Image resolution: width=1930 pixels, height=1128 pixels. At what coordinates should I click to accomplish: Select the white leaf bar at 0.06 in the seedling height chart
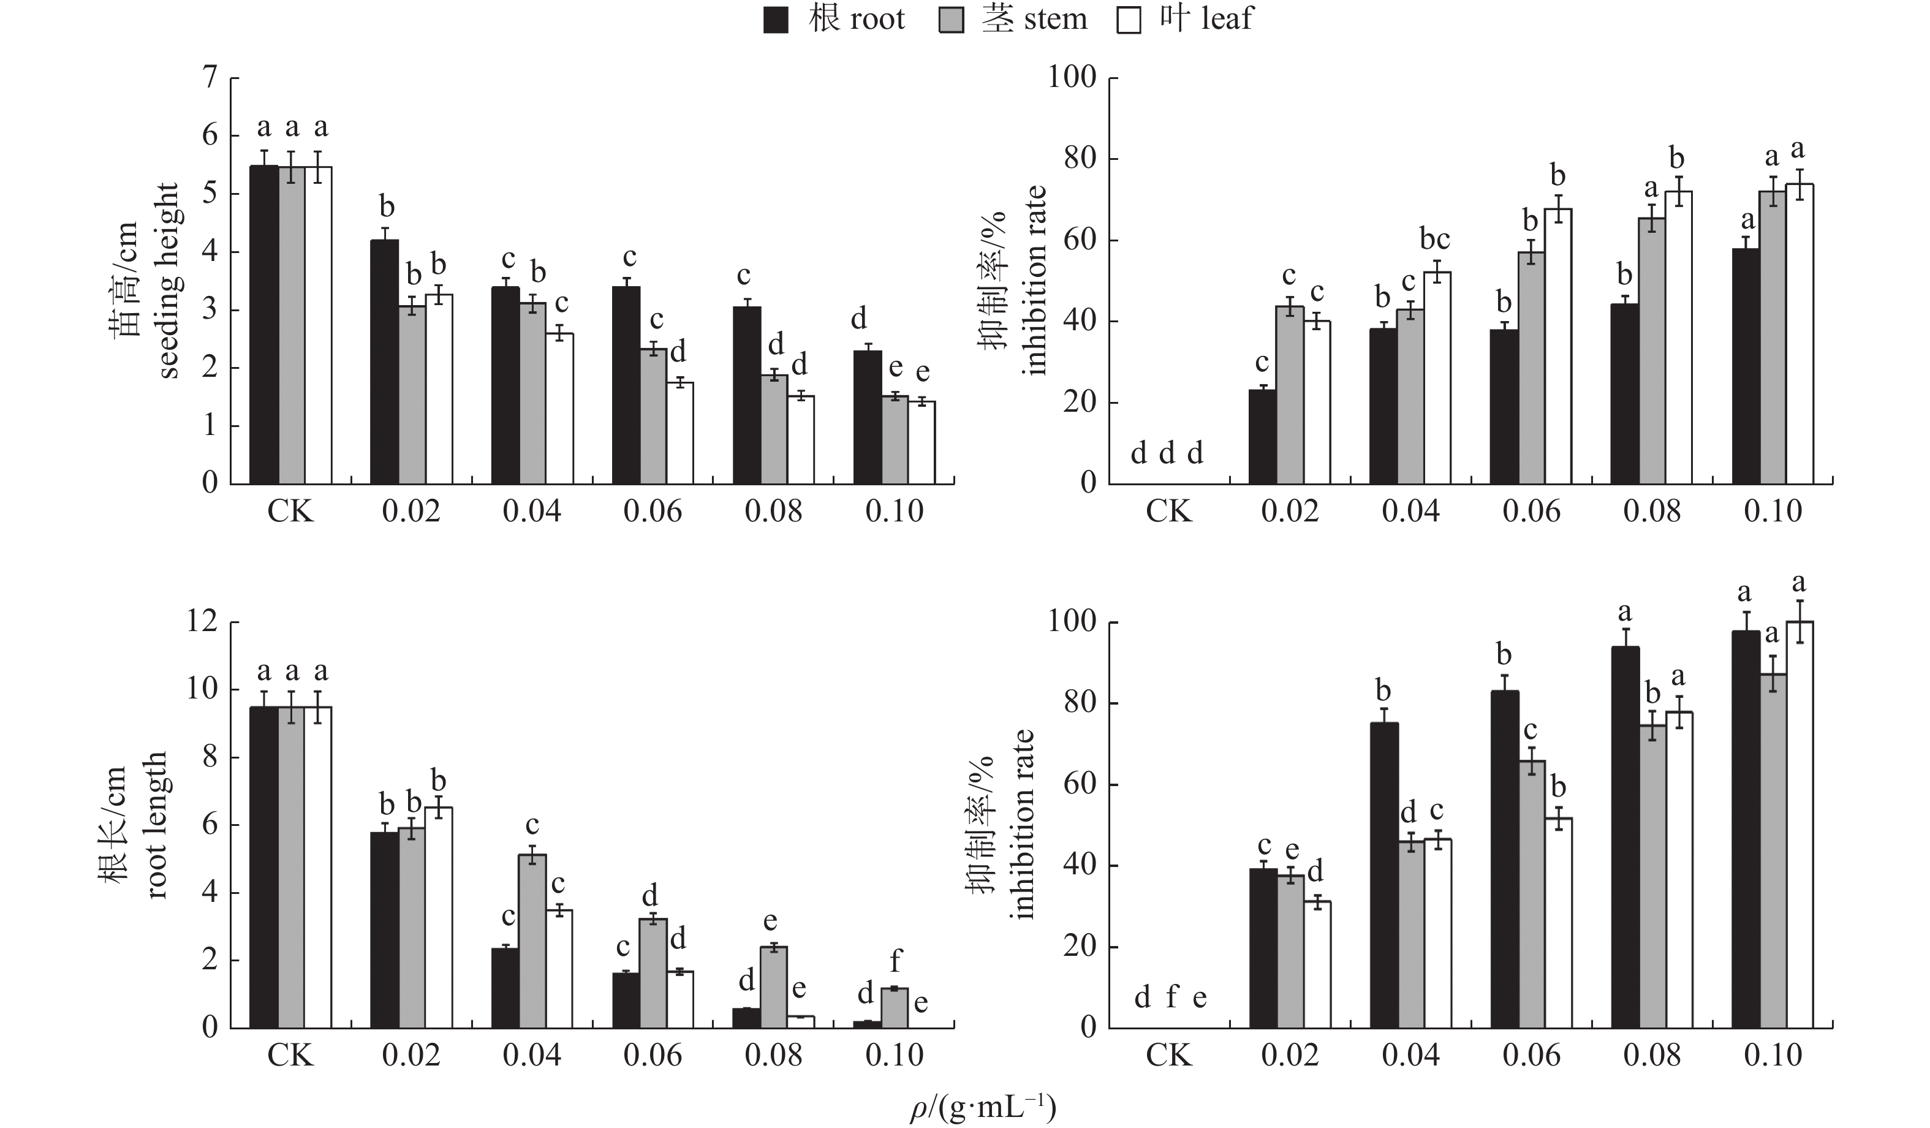679,433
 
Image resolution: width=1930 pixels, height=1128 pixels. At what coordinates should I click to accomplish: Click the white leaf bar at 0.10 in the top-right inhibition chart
1799,334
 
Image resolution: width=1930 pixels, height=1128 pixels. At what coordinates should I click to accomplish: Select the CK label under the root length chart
290,1055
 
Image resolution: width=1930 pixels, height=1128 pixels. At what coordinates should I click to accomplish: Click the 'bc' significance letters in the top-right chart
1434,240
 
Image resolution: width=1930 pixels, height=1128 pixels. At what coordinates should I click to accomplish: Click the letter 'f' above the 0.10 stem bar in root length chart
895,960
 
